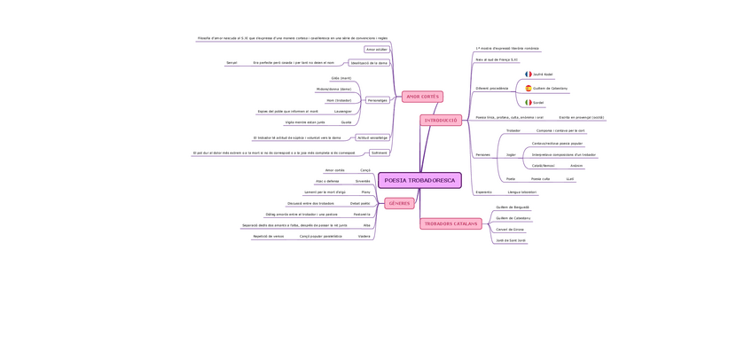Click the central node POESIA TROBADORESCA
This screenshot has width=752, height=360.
click(419, 180)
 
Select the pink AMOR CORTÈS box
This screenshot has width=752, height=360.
click(422, 96)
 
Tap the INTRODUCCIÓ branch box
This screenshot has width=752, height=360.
click(441, 120)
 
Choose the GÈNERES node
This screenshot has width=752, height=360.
click(399, 203)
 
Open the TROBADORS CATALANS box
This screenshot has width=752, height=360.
click(450, 223)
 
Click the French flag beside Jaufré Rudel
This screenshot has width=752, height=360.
click(529, 74)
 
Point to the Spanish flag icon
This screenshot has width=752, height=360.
click(529, 89)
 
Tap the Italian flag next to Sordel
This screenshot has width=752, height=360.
click(529, 103)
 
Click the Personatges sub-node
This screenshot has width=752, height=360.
click(378, 100)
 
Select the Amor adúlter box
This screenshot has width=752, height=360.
click(377, 50)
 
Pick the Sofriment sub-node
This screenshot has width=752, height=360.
click(379, 153)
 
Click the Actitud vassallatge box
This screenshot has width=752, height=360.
click(372, 137)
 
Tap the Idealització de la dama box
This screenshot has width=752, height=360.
click(369, 63)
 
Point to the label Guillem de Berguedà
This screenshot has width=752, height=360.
click(513, 207)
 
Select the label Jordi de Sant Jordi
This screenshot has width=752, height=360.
click(511, 240)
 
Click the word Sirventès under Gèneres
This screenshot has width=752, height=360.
click(363, 181)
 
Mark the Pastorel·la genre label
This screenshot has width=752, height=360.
click(362, 214)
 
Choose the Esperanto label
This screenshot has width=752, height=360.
click(483, 192)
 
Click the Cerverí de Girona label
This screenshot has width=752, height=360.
click(510, 229)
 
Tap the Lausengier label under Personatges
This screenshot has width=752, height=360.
click(343, 111)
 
